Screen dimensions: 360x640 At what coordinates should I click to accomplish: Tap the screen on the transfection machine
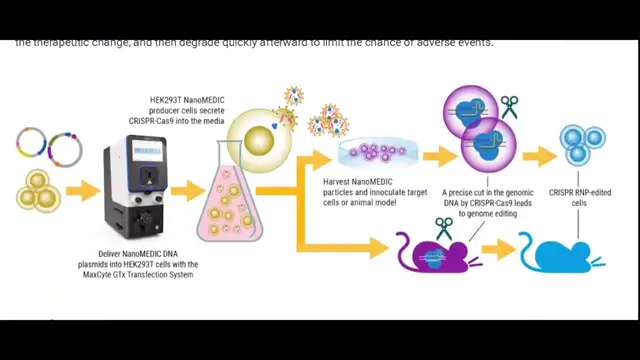click(x=146, y=152)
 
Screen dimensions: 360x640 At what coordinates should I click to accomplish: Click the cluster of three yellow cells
click(x=36, y=190)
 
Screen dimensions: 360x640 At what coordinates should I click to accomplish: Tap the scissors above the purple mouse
click(x=443, y=229)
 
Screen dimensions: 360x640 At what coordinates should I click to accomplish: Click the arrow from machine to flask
click(x=185, y=190)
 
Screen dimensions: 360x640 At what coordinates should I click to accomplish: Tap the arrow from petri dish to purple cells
click(x=438, y=155)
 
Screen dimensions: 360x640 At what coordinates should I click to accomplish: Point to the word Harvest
click(x=338, y=181)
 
